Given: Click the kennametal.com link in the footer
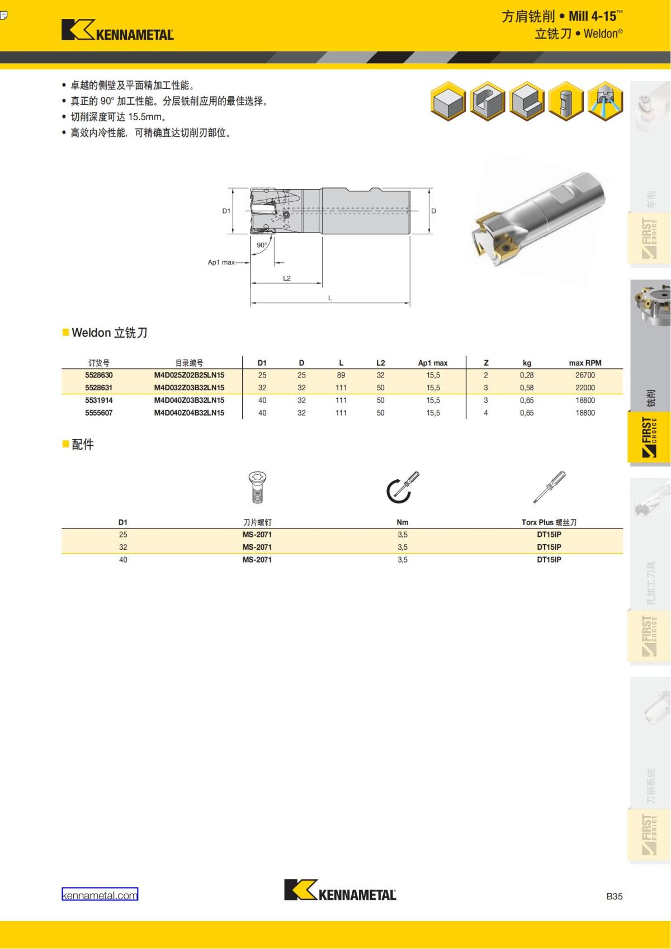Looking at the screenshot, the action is click(x=100, y=895).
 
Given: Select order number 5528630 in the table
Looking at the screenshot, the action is click(x=99, y=375).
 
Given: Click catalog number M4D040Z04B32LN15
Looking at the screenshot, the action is click(x=189, y=413).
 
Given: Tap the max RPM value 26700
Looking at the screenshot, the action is click(x=585, y=375).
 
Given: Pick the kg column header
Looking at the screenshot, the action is click(x=527, y=362).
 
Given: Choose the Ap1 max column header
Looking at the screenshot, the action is click(x=432, y=362).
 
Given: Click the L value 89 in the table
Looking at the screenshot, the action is click(x=341, y=375).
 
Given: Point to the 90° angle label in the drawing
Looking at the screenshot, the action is click(x=262, y=245).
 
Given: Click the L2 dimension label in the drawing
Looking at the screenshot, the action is click(x=287, y=278).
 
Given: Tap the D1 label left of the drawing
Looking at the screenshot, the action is click(x=226, y=211).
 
